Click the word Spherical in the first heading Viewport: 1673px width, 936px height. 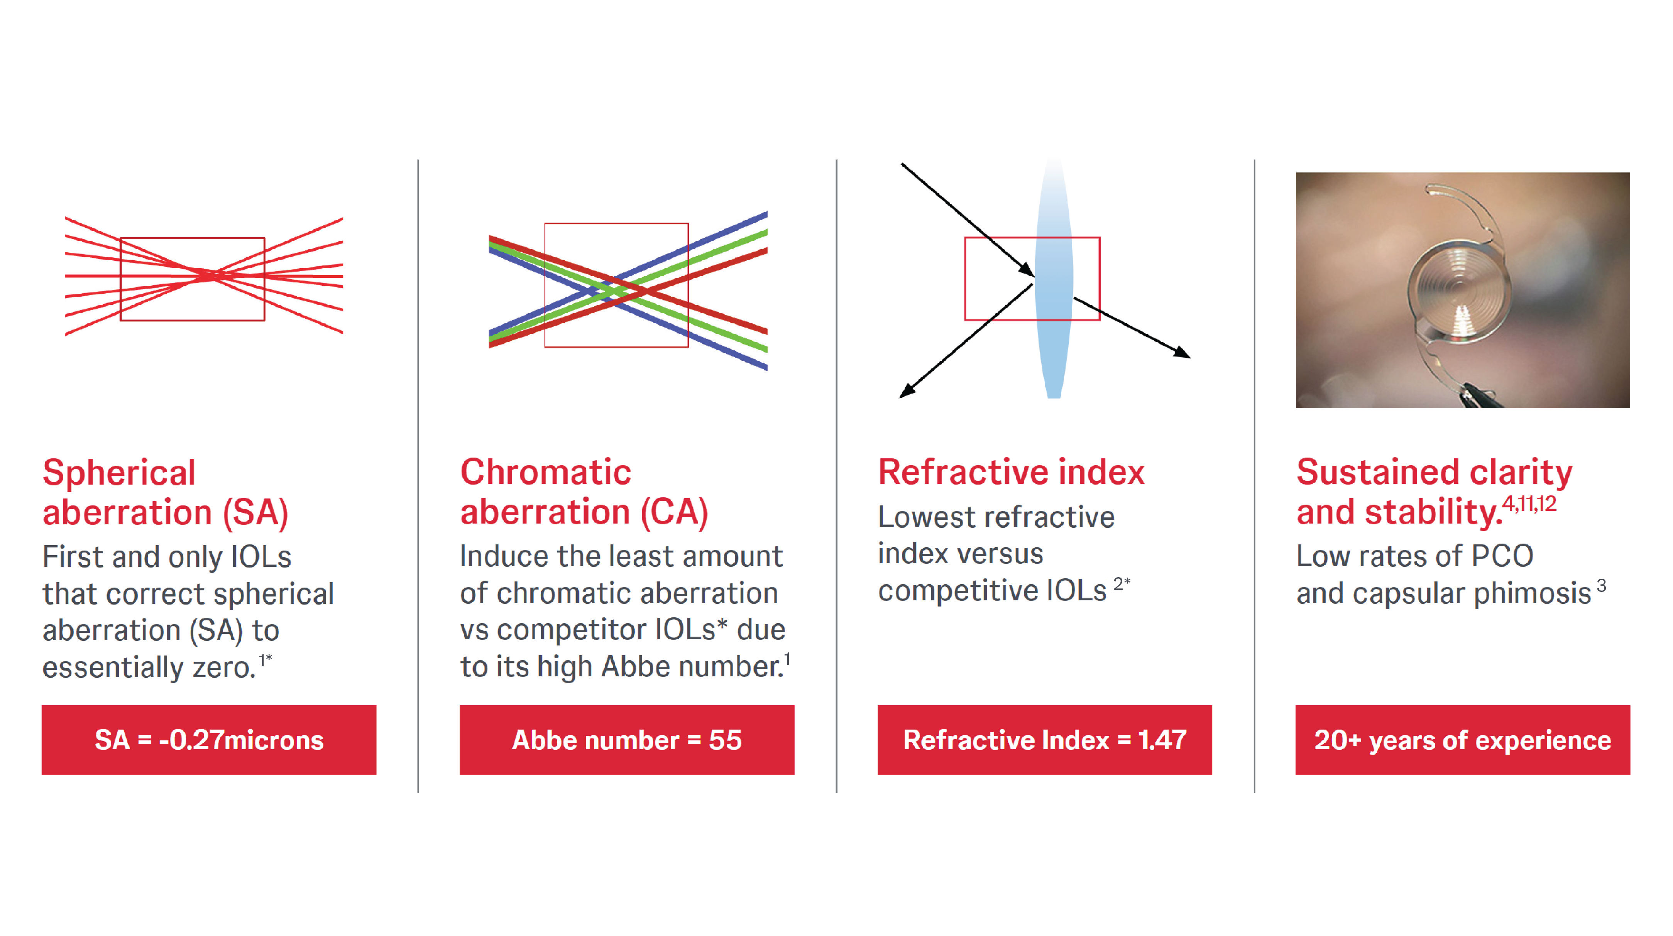[x=119, y=473]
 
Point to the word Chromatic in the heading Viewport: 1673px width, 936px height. [x=546, y=472]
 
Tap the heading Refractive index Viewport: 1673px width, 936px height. [x=1011, y=472]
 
